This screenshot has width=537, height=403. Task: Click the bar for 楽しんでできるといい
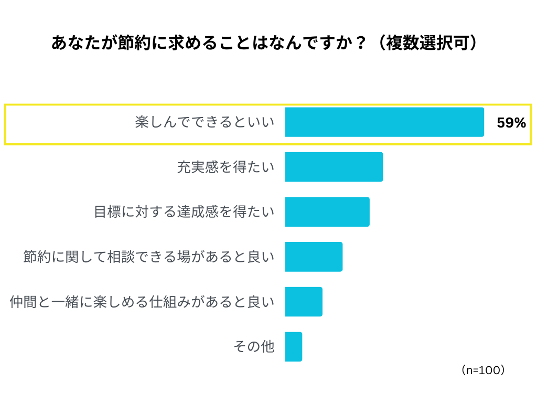point(384,122)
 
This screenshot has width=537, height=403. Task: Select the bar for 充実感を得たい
point(334,167)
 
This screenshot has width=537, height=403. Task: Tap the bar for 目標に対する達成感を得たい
point(327,212)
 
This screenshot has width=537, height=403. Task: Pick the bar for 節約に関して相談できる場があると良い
point(314,257)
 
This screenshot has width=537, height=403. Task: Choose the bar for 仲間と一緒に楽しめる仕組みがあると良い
point(304,302)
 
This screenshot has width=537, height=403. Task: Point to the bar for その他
point(294,347)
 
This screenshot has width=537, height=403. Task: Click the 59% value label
point(511,123)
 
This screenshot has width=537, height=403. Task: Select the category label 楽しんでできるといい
point(205,123)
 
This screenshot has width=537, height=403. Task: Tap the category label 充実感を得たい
point(225,167)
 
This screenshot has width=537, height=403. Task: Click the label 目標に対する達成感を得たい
point(184,212)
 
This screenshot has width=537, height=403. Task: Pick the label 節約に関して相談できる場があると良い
point(149,257)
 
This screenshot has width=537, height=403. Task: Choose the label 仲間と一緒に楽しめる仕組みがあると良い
point(142,302)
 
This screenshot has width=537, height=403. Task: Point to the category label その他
point(254,347)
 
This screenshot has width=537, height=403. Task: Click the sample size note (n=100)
point(483,370)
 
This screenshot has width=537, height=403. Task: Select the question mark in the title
point(360,43)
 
